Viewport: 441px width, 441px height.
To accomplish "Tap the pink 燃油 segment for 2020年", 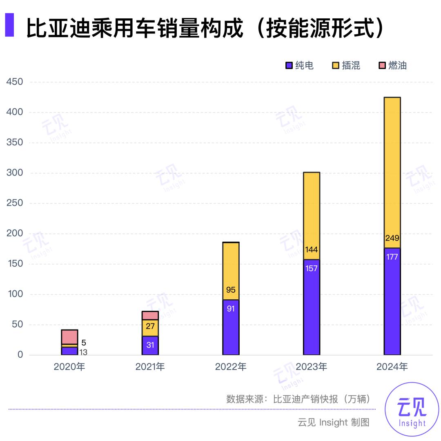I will (x=69, y=337).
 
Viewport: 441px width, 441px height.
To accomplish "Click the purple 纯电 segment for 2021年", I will (x=150, y=345).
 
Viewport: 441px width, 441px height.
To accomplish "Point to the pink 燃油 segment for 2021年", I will (x=150, y=315).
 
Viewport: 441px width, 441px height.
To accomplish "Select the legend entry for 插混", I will (x=346, y=65).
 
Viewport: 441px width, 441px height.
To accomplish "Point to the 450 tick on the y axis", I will (x=15, y=82).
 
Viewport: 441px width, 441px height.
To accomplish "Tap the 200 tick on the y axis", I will (x=15, y=234).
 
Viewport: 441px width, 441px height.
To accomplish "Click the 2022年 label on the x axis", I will (x=231, y=367).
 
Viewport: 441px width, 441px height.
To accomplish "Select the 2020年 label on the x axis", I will (x=69, y=367).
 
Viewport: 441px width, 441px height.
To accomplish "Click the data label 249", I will (x=392, y=238).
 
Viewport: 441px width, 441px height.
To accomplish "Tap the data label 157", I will (x=312, y=269).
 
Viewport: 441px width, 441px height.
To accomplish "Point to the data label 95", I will (x=231, y=290).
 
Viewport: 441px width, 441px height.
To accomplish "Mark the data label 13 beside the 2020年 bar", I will (x=83, y=352).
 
